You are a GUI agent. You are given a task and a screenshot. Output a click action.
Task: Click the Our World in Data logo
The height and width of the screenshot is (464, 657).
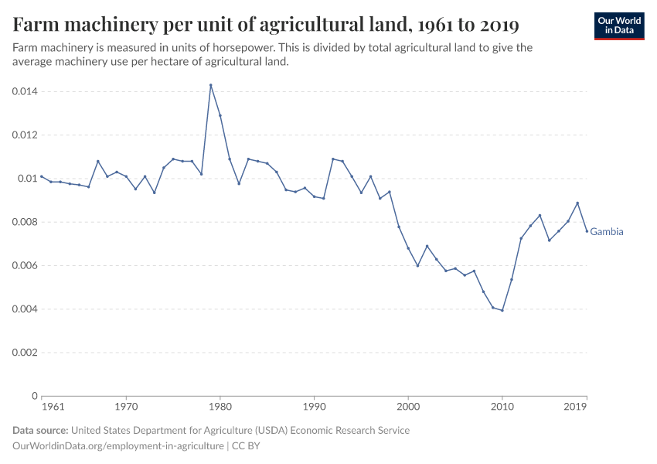coord(618,26)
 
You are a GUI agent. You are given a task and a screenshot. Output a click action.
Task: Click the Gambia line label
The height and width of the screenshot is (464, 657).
coord(607,231)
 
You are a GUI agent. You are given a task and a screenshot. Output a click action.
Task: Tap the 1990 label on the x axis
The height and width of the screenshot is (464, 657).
coord(314,405)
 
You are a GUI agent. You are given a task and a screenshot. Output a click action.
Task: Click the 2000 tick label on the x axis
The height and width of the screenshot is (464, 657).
coord(408,405)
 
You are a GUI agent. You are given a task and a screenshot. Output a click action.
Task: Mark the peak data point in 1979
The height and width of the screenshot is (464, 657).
coord(210,85)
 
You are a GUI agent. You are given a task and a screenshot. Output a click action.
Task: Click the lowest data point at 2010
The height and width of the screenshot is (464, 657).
coord(502,310)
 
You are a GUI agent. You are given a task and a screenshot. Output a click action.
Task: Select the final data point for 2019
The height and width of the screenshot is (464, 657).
coord(587,231)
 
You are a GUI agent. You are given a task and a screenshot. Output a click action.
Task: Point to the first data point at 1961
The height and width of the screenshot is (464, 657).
coord(41,176)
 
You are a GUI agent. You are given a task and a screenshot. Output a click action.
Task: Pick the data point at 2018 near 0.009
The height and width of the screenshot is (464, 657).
coord(577,203)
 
